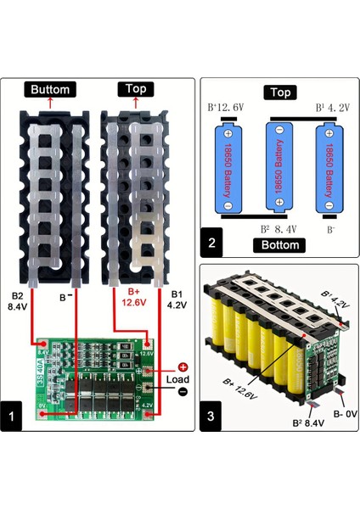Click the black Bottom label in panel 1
coord(51,89)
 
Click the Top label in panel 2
coord(279,92)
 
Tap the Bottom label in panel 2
coord(279,245)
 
